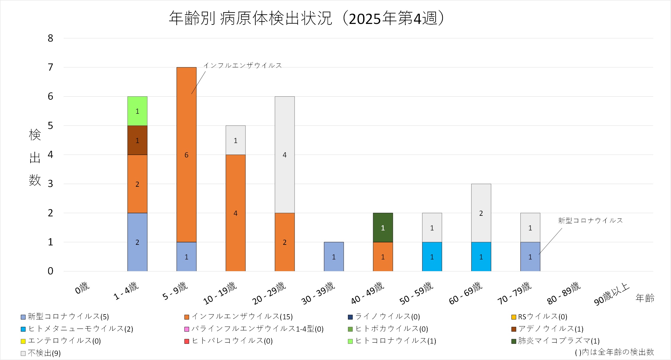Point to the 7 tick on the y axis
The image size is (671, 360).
pos(50,67)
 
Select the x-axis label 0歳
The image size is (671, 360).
pos(82,288)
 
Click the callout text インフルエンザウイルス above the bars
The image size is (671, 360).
pos(243,65)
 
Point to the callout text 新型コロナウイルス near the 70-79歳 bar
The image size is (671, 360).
pos(590,221)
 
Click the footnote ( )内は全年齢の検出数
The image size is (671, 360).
pos(614,352)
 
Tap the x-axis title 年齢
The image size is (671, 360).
pos(645,298)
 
